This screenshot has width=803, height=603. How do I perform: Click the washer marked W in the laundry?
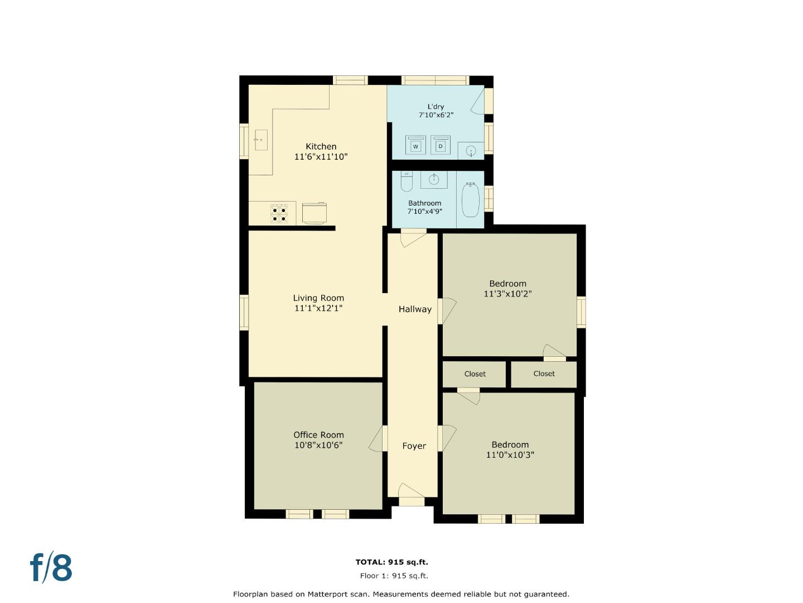[x=415, y=145]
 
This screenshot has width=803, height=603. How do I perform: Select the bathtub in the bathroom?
[x=470, y=199]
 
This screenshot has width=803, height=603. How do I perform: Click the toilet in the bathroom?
[x=406, y=182]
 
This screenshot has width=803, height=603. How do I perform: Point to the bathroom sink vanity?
[x=434, y=180]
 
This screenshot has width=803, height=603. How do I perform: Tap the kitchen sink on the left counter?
[x=260, y=140]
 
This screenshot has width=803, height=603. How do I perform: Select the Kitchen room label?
[x=321, y=147]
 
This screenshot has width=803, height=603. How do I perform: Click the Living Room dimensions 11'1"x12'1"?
[x=318, y=308]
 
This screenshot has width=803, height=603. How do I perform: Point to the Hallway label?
[x=414, y=309]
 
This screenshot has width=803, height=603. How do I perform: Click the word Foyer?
[x=414, y=446]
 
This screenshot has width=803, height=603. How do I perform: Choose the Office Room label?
[x=318, y=435]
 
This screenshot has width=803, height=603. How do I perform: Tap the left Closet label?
[x=475, y=374]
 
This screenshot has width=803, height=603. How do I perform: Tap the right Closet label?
[x=544, y=374]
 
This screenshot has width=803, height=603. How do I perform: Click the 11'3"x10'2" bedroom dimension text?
[x=507, y=294]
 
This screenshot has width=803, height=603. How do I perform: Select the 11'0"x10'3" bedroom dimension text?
[x=510, y=455]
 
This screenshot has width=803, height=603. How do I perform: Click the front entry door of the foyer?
[x=412, y=491]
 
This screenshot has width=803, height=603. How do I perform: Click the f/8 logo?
[x=51, y=568]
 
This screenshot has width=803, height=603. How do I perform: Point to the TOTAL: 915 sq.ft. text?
[x=391, y=562]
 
